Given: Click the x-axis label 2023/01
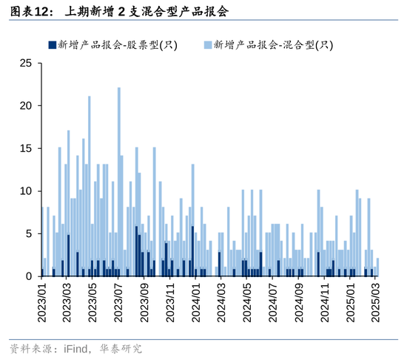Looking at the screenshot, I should click(x=42, y=304).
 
